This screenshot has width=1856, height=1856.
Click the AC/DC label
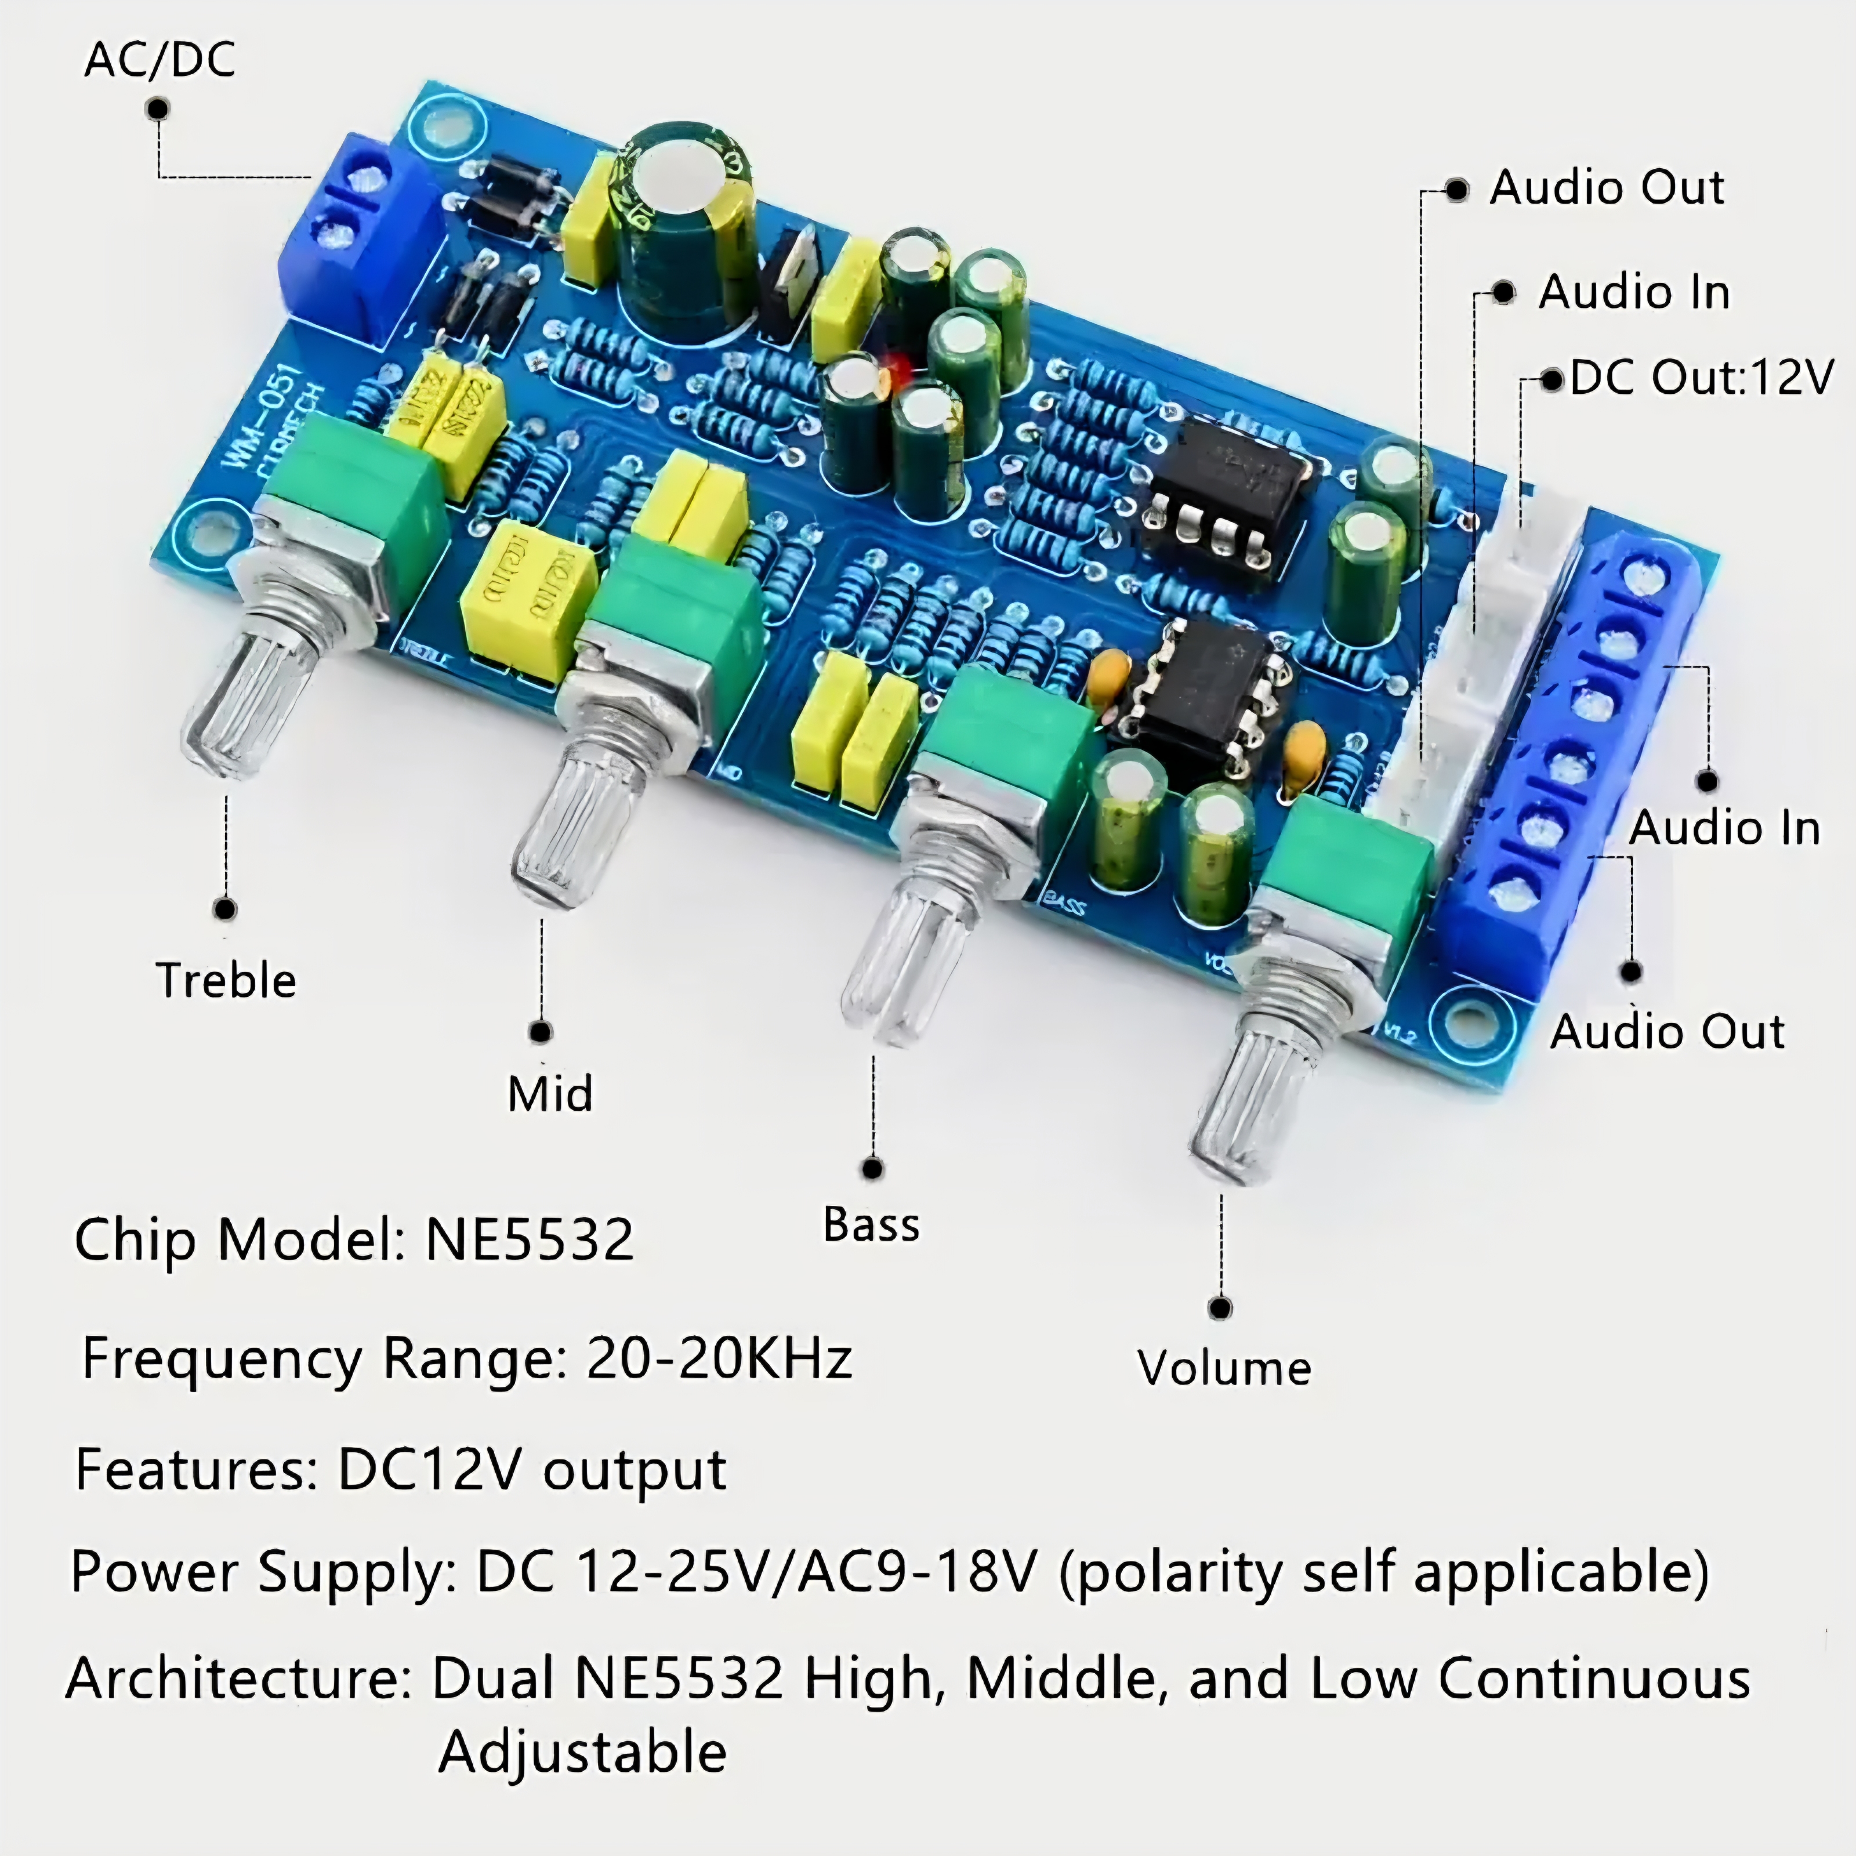click(x=159, y=60)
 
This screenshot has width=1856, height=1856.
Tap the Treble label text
click(x=226, y=981)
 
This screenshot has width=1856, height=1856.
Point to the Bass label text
click(x=871, y=1225)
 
